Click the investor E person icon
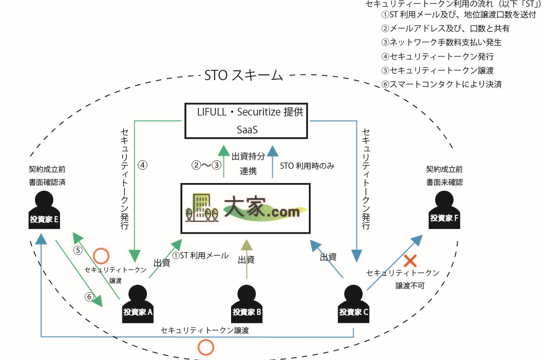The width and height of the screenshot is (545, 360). click(x=44, y=210)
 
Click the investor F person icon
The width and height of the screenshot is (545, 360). click(x=444, y=210)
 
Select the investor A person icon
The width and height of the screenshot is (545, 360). click(x=138, y=304)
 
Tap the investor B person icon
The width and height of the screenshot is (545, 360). click(x=246, y=304)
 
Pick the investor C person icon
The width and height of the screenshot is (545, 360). click(x=353, y=304)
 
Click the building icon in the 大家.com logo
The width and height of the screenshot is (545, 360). click(x=202, y=207)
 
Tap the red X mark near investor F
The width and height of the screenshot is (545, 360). click(x=410, y=261)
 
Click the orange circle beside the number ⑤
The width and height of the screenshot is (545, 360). click(x=101, y=256)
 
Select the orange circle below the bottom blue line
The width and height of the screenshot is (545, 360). click(x=206, y=347)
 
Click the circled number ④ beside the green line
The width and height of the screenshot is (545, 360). click(x=142, y=165)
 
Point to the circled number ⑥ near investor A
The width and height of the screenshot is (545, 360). click(x=89, y=296)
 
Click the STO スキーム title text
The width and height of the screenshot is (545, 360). click(x=244, y=75)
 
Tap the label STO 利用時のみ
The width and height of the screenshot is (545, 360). click(x=307, y=166)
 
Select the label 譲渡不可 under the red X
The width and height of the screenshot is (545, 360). click(x=410, y=286)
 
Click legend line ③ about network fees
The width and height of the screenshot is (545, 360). click(x=442, y=43)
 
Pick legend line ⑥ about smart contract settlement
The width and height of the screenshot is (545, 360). click(x=442, y=85)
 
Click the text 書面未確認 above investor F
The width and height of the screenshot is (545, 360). click(x=445, y=182)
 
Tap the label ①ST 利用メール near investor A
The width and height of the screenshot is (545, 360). click(x=201, y=255)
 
